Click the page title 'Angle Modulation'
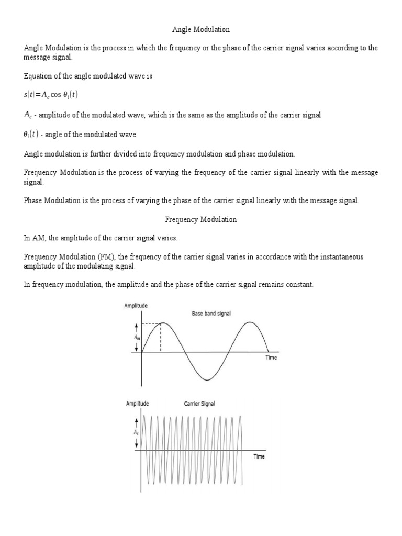click(x=201, y=30)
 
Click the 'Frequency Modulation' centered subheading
click(x=201, y=220)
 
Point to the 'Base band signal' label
click(x=211, y=314)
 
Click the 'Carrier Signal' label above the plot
click(x=199, y=404)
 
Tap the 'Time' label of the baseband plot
click(x=271, y=358)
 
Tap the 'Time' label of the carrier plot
click(x=259, y=456)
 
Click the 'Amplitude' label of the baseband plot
click(x=136, y=305)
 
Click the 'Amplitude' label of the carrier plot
click(x=137, y=404)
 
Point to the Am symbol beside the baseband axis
click(x=137, y=338)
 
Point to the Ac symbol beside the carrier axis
click(x=137, y=432)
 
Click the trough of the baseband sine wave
click(x=208, y=380)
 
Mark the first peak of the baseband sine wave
click(x=161, y=323)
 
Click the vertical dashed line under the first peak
click(x=161, y=338)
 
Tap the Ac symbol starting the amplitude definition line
click(x=28, y=115)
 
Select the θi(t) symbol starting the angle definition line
click(x=31, y=135)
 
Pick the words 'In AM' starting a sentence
click(x=34, y=238)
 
